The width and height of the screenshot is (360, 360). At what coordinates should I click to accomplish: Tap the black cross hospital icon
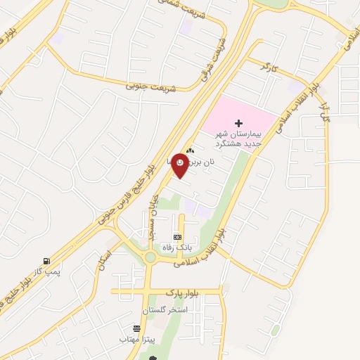point(237,123)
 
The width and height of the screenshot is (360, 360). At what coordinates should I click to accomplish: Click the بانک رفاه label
point(177,247)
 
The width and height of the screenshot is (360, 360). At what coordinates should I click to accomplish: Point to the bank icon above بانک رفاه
point(177,237)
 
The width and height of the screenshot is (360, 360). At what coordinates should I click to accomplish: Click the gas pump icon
point(46,261)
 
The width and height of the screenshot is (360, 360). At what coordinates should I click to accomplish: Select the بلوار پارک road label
point(179,291)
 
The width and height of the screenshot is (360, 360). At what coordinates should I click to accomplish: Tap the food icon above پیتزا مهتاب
point(136,328)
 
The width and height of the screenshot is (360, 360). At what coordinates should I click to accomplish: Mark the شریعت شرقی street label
point(214,60)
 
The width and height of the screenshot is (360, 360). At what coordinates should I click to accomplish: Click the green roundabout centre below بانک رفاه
point(150,257)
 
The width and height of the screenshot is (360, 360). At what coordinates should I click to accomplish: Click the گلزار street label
point(325,112)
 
